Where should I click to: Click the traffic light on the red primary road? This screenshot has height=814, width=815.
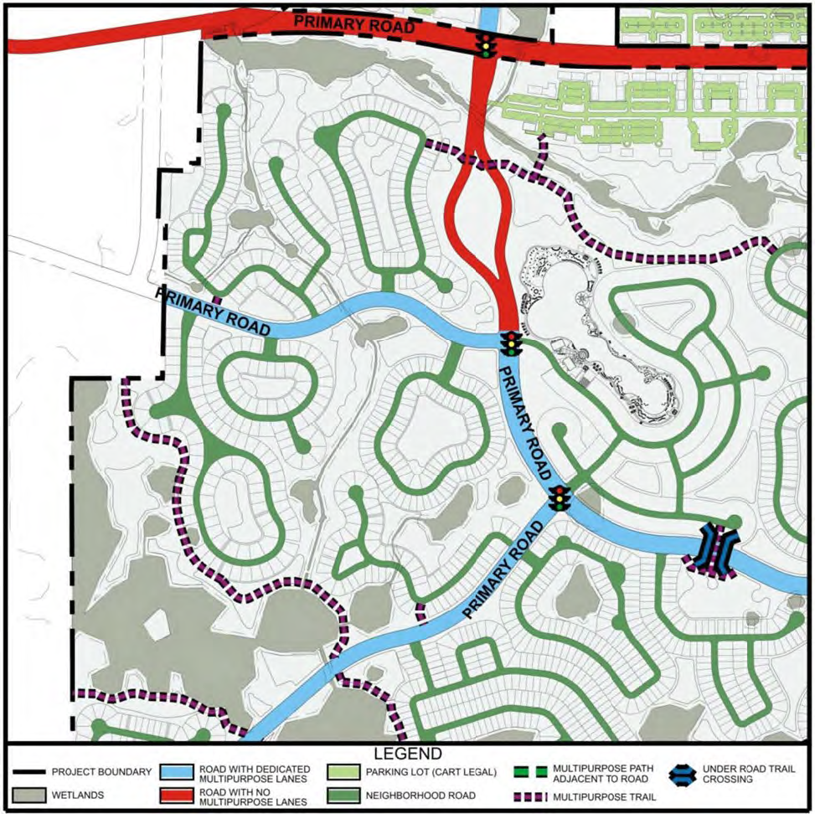(484, 45)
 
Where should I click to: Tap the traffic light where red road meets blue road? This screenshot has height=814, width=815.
(508, 343)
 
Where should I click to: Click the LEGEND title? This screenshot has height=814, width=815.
(407, 755)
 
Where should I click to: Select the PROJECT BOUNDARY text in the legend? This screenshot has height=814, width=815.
(101, 771)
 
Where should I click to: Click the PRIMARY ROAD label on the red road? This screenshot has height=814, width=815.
(354, 24)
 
